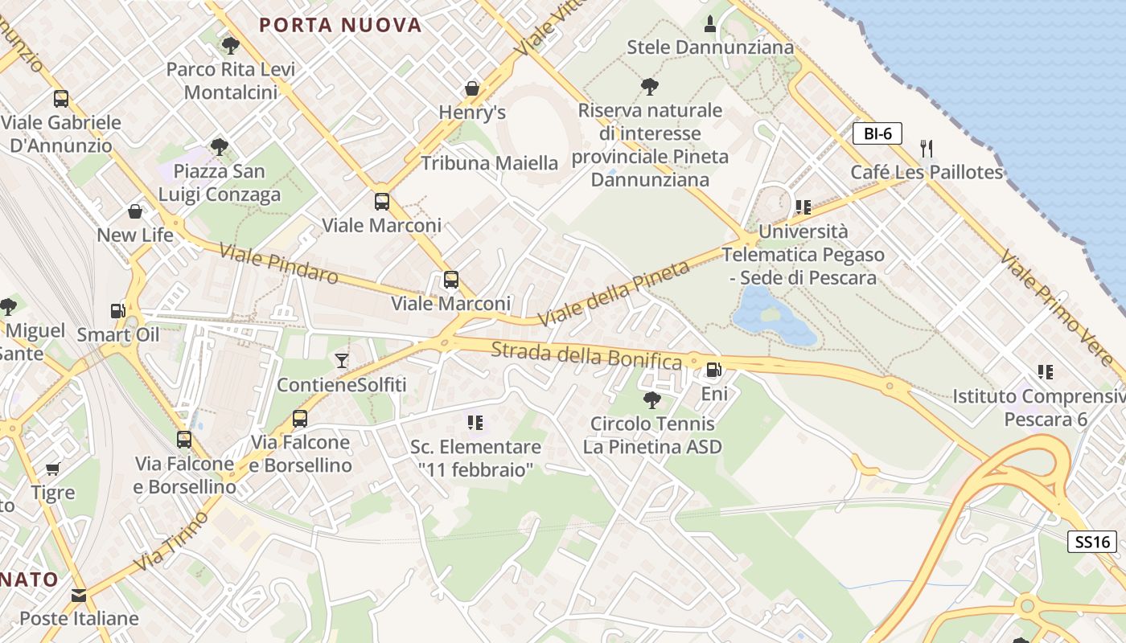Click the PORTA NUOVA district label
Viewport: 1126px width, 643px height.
[340, 25]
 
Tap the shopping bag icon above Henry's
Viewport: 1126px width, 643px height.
[472, 88]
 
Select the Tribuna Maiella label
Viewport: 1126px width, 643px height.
[489, 163]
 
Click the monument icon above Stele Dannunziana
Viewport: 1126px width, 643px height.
[709, 24]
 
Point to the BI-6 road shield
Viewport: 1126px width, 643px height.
[877, 133]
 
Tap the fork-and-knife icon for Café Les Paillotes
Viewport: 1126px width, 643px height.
[927, 148]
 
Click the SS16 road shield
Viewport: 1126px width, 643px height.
[1093, 542]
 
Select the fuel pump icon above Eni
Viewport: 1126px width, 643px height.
[713, 370]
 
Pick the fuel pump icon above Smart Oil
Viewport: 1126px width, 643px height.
[117, 310]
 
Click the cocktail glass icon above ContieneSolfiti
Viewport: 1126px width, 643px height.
[342, 360]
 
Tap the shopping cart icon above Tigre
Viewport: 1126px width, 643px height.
[53, 469]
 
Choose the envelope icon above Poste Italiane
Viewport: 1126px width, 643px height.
[79, 596]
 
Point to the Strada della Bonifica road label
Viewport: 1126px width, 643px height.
[586, 354]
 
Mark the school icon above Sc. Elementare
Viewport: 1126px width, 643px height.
[475, 422]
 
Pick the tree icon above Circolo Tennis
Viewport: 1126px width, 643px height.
[651, 399]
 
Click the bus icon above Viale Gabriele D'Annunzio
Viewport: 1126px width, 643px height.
[61, 100]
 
